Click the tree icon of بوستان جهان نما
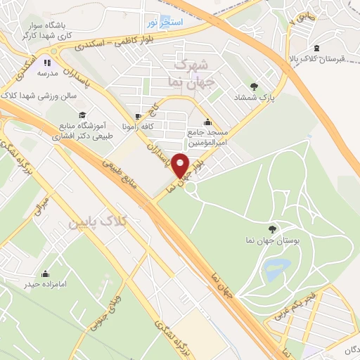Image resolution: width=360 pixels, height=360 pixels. [272, 228]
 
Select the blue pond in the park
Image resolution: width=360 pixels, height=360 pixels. [277, 267]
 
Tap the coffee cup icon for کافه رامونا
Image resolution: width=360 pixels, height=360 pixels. [139, 116]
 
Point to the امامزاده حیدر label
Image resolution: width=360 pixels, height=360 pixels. [47, 285]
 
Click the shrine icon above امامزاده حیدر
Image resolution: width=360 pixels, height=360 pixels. [46, 273]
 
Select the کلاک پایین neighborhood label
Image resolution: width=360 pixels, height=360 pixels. [98, 222]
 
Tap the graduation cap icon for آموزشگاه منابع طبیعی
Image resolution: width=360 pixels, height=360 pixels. [82, 114]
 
